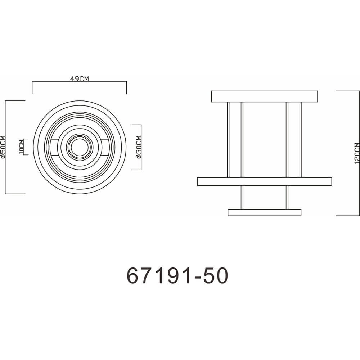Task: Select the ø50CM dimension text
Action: (3, 147)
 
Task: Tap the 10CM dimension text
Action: (21, 147)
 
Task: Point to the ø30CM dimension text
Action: (139, 147)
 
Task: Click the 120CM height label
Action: (356, 153)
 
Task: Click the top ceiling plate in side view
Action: (264, 96)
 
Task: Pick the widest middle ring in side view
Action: (264, 181)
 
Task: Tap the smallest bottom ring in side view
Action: (264, 212)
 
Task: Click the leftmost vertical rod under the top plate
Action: (228, 140)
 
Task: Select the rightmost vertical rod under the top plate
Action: (301, 140)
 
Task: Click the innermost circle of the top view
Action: (79, 147)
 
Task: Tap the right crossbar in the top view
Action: (105, 147)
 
